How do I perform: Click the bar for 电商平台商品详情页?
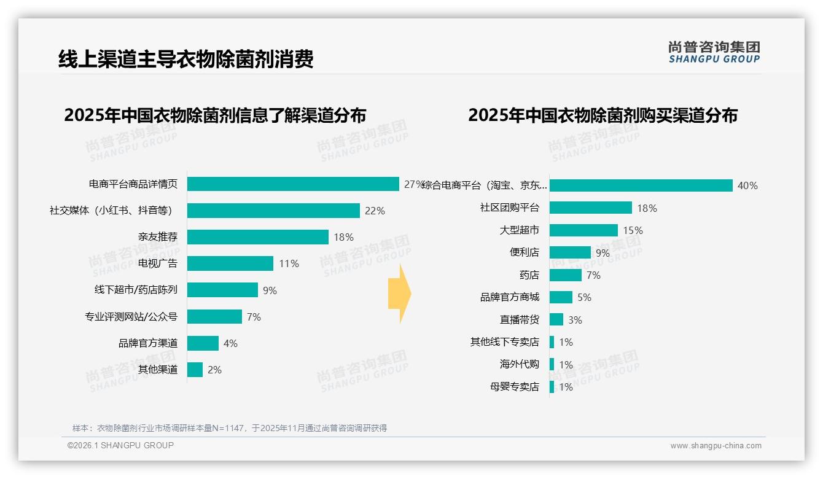[x=293, y=184]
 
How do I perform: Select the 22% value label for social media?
[x=375, y=211]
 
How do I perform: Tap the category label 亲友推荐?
[x=157, y=237]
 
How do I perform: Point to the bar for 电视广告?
[x=230, y=263]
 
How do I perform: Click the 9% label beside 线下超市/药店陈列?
[x=270, y=290]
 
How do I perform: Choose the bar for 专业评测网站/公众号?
[x=214, y=317]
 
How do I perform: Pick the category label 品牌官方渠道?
[x=147, y=343]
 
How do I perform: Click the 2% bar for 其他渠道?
[x=195, y=370]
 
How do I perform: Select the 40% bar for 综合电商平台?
[x=641, y=185]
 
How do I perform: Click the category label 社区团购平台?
[x=509, y=208]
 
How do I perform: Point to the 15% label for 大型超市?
[x=633, y=230]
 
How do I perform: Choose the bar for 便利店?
[x=570, y=252]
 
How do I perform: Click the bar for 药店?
[x=565, y=275]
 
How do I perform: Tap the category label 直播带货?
[x=519, y=320]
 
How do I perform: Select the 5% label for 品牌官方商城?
[x=584, y=297]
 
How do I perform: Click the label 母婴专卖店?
[x=514, y=387]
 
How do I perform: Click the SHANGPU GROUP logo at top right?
[x=714, y=52]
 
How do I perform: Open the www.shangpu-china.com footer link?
[x=716, y=446]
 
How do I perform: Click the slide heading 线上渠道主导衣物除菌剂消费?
[x=185, y=59]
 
